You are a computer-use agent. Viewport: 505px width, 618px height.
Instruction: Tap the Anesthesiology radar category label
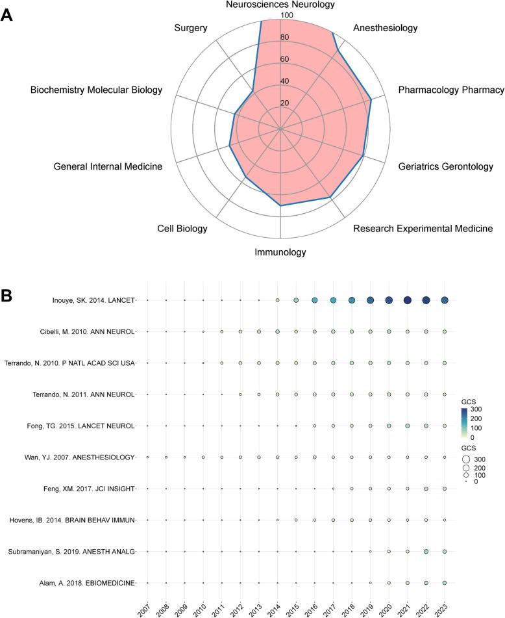pos(385,28)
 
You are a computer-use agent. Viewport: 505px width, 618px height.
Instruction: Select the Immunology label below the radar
pos(280,252)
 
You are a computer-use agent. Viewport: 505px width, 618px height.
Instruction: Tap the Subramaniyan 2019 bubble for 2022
pos(426,552)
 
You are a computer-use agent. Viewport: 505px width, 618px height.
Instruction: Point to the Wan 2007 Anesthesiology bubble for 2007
pos(147,457)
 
